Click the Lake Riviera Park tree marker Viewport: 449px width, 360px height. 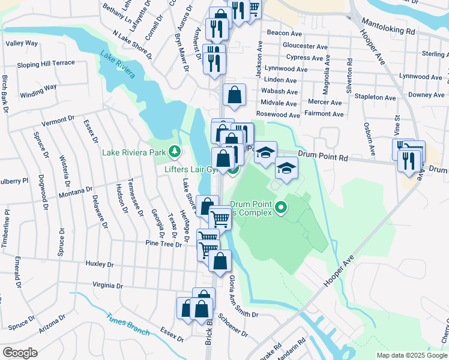[175, 152]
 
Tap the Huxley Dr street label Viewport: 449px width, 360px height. [100, 264]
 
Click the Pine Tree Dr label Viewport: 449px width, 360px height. [163, 244]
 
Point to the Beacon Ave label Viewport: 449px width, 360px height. [283, 32]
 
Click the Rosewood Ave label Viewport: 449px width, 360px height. [277, 115]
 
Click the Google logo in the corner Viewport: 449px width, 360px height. [20, 353]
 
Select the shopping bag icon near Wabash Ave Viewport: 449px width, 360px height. [234, 94]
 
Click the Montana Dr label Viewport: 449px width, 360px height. [74, 196]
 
